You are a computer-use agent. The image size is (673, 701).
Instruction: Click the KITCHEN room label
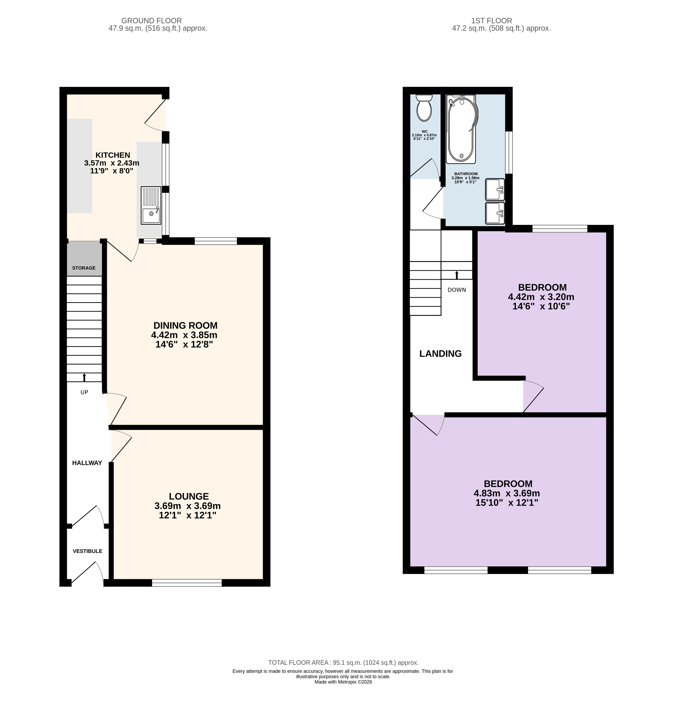pyautogui.click(x=113, y=155)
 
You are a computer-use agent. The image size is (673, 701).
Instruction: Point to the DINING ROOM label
pyautogui.click(x=185, y=325)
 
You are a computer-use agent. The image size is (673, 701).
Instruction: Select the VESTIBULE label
pyautogui.click(x=87, y=551)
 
